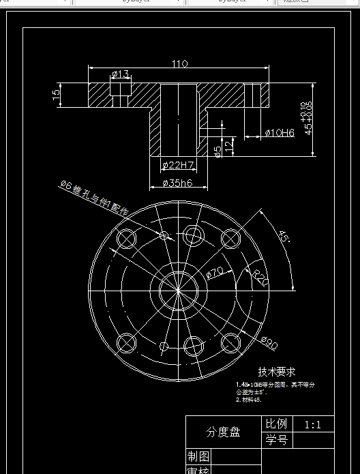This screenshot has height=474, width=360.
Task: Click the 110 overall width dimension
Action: [179, 64]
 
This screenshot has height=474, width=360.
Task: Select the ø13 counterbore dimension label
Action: [120, 74]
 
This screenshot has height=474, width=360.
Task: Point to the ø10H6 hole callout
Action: [279, 132]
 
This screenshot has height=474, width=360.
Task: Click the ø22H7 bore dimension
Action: [179, 165]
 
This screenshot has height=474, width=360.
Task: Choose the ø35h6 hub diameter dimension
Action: [179, 182]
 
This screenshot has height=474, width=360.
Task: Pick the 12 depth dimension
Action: [229, 144]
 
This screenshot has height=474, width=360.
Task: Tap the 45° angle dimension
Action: [283, 237]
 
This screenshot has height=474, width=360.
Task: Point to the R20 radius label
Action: [259, 278]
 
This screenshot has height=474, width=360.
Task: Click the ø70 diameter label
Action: [215, 273]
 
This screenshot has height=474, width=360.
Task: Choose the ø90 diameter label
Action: [268, 344]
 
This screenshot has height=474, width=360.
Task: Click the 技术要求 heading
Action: [276, 372]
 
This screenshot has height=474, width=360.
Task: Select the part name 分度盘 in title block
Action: [224, 432]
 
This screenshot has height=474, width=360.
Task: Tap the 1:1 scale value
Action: [313, 424]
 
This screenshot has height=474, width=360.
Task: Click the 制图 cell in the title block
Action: [198, 456]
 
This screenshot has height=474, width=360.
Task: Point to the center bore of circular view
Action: [179, 291]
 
